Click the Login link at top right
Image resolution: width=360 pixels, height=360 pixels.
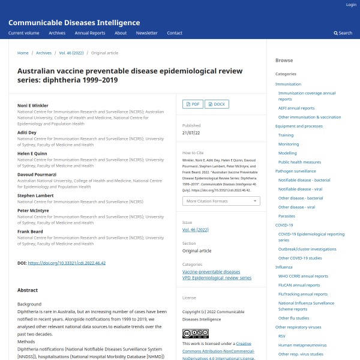(351, 5)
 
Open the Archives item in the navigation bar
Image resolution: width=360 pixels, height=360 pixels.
(57, 33)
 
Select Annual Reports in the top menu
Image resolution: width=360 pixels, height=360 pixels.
(89, 33)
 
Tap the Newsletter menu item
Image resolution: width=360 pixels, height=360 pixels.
(146, 33)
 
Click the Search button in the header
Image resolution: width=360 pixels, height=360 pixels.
(343, 33)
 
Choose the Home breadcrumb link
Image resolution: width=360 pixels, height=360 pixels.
(23, 53)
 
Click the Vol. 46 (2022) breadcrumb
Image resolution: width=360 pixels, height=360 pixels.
(71, 53)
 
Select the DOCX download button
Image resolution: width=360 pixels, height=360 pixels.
(217, 104)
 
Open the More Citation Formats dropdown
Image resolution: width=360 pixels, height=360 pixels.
(221, 201)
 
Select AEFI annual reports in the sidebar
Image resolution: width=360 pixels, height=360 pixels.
(296, 108)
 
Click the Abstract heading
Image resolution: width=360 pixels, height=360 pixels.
(28, 290)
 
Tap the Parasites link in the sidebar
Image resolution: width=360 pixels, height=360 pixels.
(286, 216)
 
